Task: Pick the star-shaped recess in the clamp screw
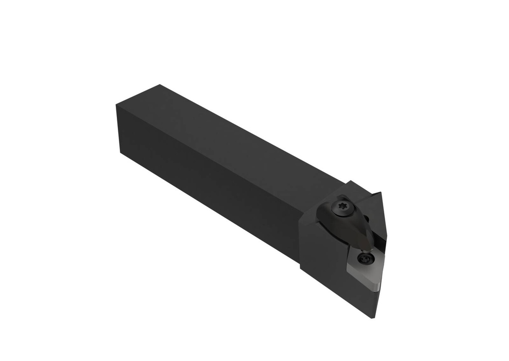point(341,204)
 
